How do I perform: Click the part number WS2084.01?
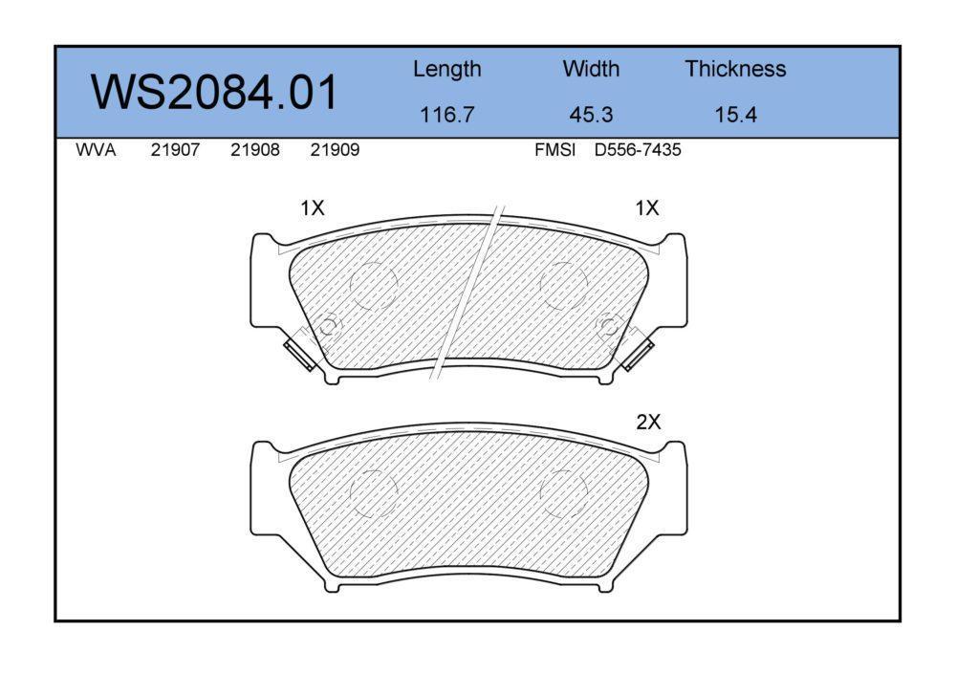(x=214, y=92)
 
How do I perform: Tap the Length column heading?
(x=446, y=70)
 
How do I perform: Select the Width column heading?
(x=591, y=68)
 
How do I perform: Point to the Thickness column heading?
(x=735, y=68)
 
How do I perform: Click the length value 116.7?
(x=446, y=115)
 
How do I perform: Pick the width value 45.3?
(x=591, y=115)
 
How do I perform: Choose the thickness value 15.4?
(x=735, y=115)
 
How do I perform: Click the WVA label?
(x=96, y=150)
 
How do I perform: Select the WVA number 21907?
(x=175, y=150)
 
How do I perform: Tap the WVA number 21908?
(x=255, y=150)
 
